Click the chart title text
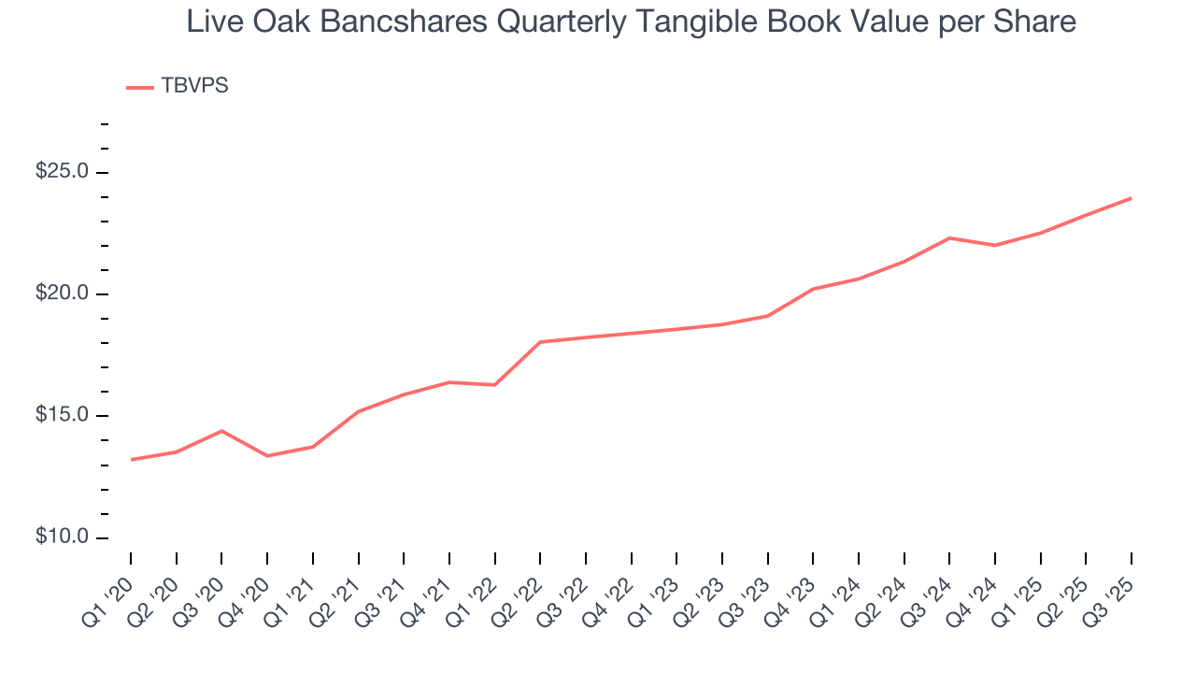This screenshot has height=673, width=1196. coord(631,21)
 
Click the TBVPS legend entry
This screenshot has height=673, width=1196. coord(194,86)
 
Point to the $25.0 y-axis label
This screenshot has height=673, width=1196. coord(62,172)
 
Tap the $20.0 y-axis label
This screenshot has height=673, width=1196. coord(62,294)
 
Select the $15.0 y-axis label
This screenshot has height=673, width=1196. coord(62,416)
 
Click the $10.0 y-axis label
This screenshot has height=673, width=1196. coord(62,537)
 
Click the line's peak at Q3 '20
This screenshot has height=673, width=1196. coord(221,431)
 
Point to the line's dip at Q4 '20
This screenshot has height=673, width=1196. coord(267,455)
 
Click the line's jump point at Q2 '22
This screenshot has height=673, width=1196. coord(540,342)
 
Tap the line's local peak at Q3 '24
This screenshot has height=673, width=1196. coord(949,238)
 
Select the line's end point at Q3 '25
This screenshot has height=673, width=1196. coord(1131,198)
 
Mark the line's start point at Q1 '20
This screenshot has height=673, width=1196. coord(131,459)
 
